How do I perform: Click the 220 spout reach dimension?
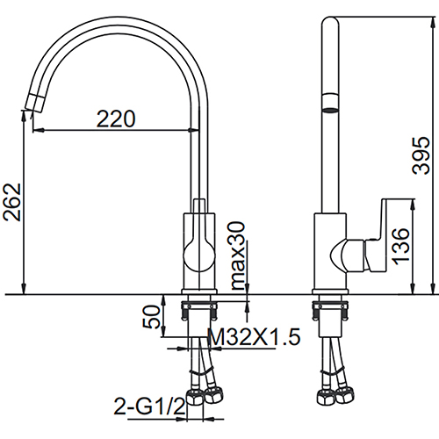(116, 119)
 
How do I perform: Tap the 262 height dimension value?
(12, 202)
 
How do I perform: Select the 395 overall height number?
(421, 155)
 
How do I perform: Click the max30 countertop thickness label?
(238, 255)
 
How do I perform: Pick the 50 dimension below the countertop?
(152, 316)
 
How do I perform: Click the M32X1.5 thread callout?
(254, 336)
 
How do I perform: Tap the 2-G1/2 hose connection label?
(149, 407)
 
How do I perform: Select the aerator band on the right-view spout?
(330, 103)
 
